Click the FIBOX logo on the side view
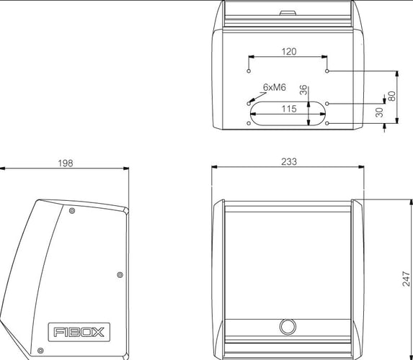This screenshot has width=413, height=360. [x=79, y=332]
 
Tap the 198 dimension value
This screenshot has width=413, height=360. [x=66, y=163]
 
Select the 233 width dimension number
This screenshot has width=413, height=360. [x=289, y=161]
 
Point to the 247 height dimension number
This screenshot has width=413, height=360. [x=406, y=279]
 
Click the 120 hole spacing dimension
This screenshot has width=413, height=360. [x=289, y=52]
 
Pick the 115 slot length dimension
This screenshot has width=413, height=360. [x=289, y=109]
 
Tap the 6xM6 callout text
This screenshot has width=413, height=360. [x=275, y=87]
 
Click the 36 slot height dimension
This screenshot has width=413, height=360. [x=303, y=90]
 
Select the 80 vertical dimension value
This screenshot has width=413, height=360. [x=391, y=96]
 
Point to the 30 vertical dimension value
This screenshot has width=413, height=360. [x=379, y=112]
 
